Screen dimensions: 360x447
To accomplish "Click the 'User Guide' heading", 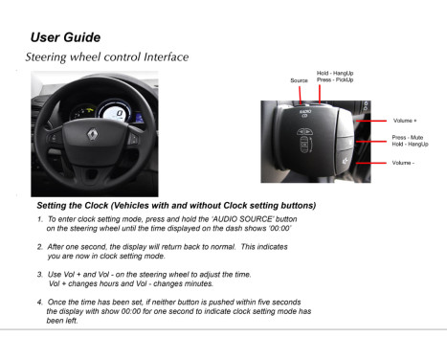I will (x=65, y=37).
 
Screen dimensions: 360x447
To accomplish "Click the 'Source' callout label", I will (x=299, y=80).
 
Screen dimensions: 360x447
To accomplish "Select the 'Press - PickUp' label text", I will (x=335, y=79).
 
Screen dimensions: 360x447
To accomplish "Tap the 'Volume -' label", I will (x=403, y=163).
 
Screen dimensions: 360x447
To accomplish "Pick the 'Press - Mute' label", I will (x=407, y=138).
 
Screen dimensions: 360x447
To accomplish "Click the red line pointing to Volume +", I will (x=374, y=121).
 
